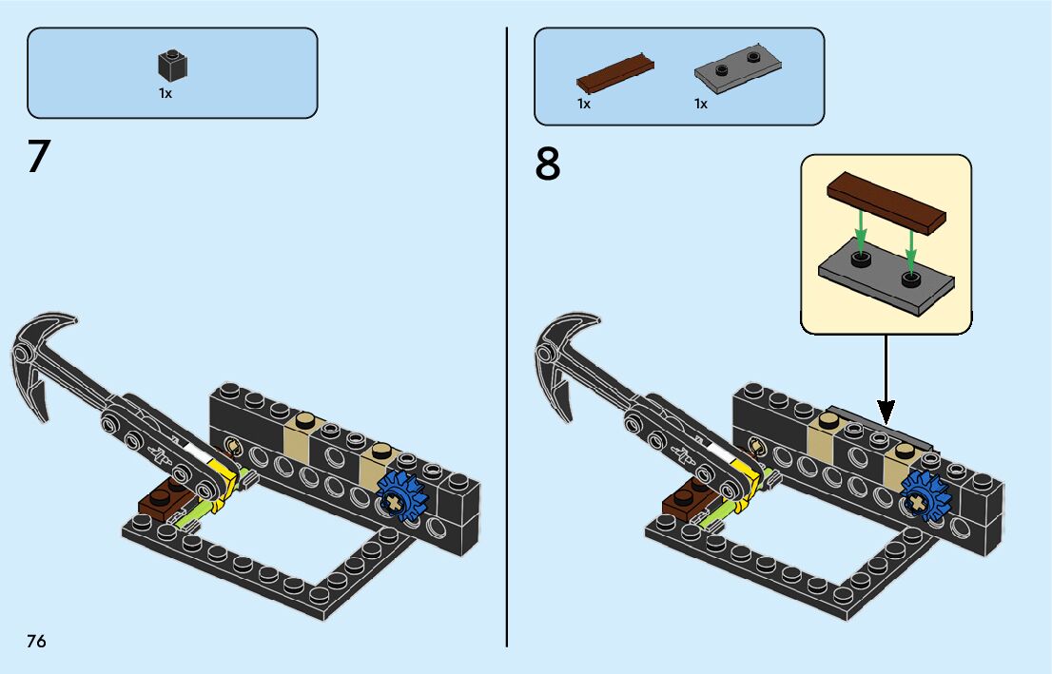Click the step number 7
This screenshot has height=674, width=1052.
[38, 157]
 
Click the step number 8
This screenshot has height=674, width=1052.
[548, 164]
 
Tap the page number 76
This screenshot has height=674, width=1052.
[36, 641]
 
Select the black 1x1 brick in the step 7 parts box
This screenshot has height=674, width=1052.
[172, 66]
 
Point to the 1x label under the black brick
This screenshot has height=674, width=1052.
[166, 94]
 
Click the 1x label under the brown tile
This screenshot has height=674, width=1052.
[584, 104]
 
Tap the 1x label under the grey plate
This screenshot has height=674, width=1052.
[701, 104]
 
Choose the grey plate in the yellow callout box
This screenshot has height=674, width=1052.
[886, 277]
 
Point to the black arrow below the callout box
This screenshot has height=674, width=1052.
[886, 380]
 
